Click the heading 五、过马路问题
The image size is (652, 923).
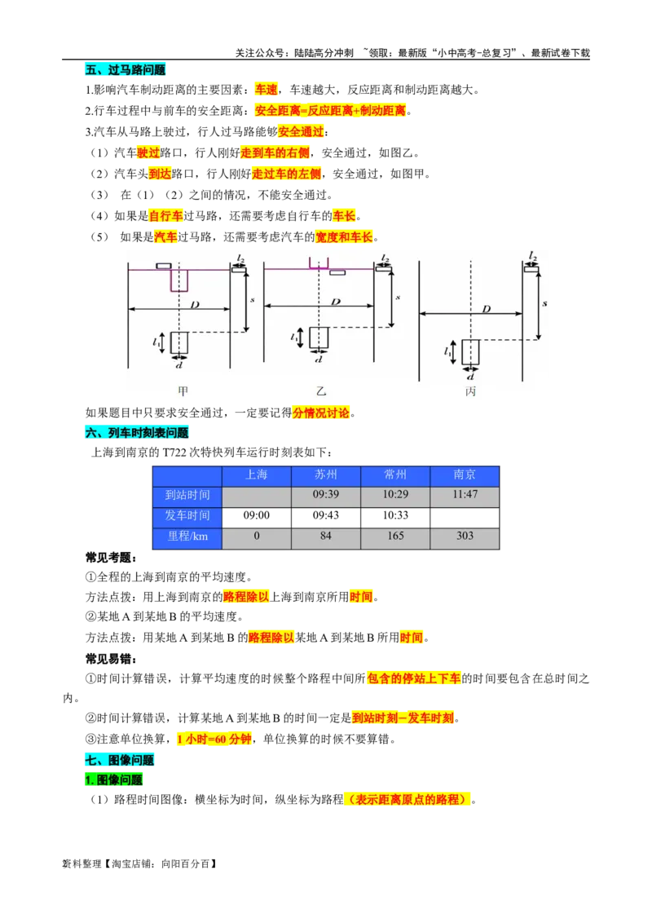pos(126,70)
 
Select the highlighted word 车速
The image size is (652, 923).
pos(267,90)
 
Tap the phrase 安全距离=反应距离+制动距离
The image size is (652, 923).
pos(331,110)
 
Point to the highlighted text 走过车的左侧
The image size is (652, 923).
pos(287,174)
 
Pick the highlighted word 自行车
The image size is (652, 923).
pos(166,216)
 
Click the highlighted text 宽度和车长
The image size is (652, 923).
pos(344,237)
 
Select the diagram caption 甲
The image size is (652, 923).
pos(183,391)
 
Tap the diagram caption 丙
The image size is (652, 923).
pos(470,391)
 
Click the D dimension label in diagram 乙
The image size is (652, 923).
pos(335,302)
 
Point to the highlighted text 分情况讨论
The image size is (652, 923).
pos(320,413)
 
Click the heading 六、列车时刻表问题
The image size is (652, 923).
pos(136,433)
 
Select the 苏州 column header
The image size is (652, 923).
pos(326,475)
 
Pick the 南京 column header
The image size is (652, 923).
pos(465,475)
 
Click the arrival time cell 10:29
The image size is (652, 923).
pos(395,495)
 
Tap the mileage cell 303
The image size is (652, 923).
pos(465,537)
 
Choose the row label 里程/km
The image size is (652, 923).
pos(187,537)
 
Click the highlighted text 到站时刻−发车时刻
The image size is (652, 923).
pos(403,718)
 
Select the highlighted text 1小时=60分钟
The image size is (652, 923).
pos(214,740)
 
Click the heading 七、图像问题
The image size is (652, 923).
pos(119,760)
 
